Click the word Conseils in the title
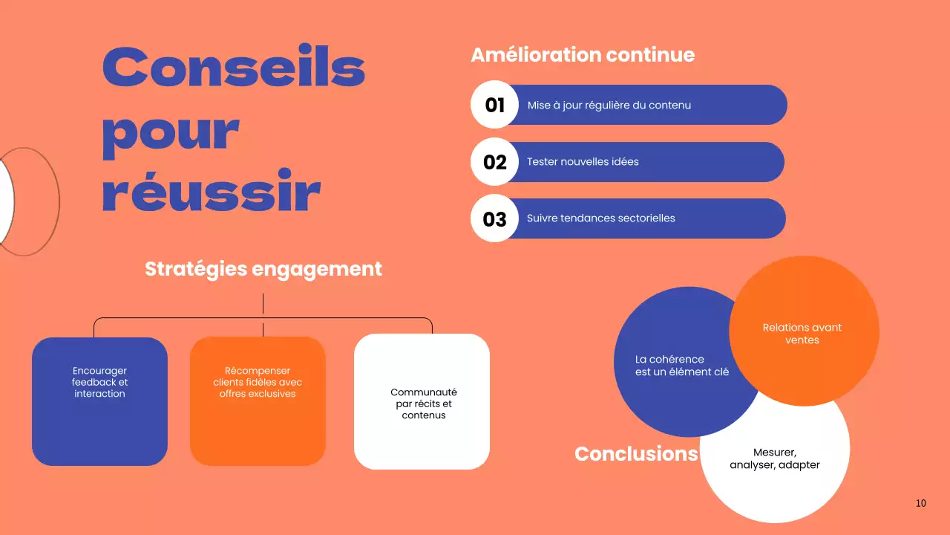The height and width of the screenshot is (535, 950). [x=234, y=66]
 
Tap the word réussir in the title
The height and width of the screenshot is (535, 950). [x=211, y=192]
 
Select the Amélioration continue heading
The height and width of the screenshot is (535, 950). [x=583, y=55]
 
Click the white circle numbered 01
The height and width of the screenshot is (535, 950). [x=494, y=105]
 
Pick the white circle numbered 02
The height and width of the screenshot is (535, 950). [x=494, y=162]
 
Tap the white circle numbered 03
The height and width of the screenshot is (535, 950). [x=494, y=218]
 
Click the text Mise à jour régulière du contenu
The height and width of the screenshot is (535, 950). [x=609, y=106]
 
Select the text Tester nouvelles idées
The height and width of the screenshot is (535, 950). [x=583, y=162]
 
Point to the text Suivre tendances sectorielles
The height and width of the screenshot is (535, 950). [x=600, y=218]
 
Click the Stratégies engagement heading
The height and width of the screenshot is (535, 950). [x=263, y=269]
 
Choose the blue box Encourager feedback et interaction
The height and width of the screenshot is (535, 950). [x=99, y=401]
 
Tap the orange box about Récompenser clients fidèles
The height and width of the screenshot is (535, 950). [x=258, y=401]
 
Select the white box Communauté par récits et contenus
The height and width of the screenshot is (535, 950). [x=422, y=402]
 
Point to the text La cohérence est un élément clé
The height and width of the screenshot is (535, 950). [x=681, y=366]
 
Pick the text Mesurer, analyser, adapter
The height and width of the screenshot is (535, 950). [x=775, y=459]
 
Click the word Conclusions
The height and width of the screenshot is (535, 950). [x=636, y=454]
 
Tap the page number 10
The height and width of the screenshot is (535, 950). [x=920, y=503]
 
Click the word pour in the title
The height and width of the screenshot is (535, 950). [x=171, y=132]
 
